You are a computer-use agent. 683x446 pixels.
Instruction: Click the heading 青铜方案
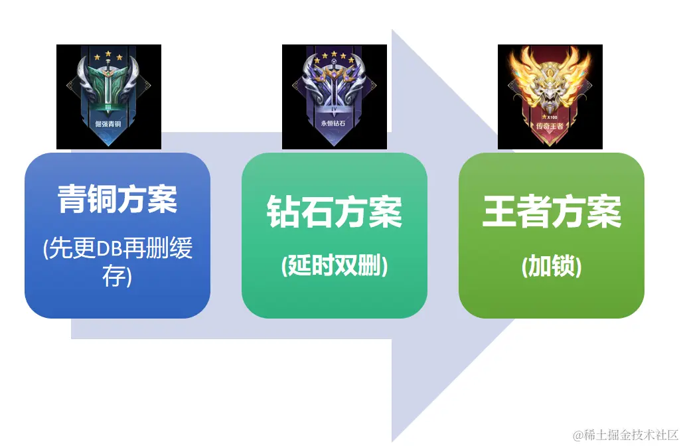117,198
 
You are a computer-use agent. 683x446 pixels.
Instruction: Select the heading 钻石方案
334,212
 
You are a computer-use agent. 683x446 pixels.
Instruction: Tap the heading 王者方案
552,212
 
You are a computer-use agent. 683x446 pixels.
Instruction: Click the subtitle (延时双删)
334,265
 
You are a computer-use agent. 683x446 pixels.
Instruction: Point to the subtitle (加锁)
552,265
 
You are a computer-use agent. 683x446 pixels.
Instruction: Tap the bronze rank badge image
109,97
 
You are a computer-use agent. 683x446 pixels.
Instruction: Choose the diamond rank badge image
335,97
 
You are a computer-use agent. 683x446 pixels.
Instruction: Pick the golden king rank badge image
550,97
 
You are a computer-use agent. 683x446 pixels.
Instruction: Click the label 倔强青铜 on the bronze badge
109,123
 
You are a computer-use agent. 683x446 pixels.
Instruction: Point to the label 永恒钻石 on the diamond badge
335,123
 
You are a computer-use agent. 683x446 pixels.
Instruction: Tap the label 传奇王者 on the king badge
550,125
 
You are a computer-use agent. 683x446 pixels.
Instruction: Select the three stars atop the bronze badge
109,54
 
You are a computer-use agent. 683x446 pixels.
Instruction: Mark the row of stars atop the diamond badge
335,54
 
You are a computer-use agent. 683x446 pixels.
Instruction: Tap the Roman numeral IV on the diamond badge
335,108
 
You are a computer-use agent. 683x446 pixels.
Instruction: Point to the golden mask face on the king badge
550,90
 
